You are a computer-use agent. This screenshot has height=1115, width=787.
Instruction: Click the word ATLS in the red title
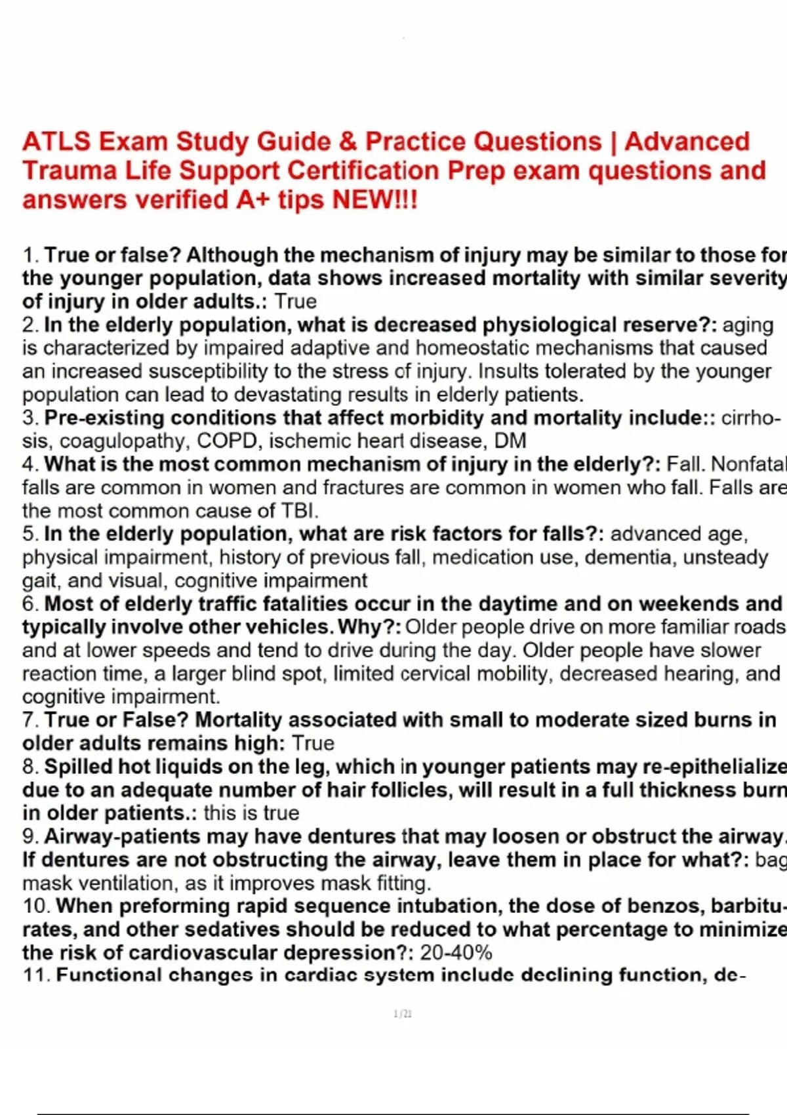pyautogui.click(x=56, y=142)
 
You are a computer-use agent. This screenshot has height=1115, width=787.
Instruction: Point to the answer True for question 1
pyautogui.click(x=295, y=302)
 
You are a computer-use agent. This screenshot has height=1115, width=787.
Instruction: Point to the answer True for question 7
pyautogui.click(x=313, y=743)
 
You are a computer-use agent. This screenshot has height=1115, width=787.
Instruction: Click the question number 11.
pyautogui.click(x=36, y=975)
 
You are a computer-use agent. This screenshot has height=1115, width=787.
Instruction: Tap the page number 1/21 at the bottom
pyautogui.click(x=403, y=1014)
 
